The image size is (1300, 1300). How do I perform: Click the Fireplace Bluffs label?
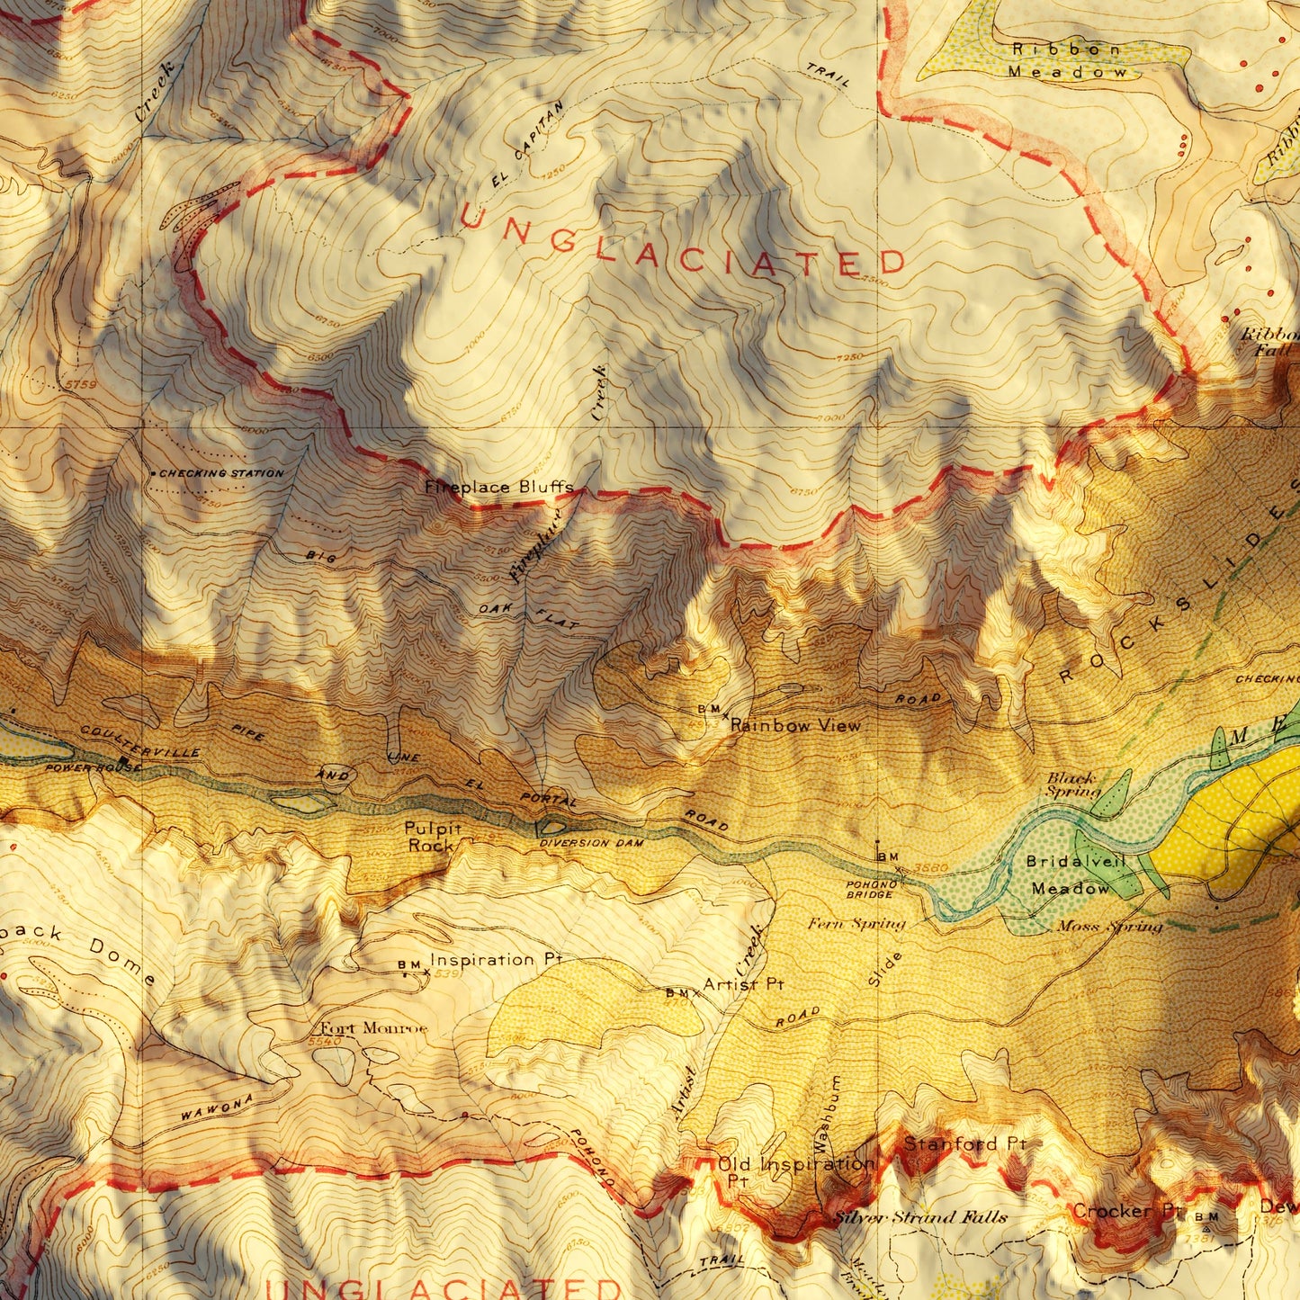498,488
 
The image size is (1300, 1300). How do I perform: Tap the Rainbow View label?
794,725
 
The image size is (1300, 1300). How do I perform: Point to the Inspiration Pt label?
495,960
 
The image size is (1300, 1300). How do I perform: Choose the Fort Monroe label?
370,1028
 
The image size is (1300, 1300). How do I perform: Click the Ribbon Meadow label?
1067,60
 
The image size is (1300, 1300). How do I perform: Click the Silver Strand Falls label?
920,1217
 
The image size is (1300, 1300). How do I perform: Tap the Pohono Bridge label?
870,890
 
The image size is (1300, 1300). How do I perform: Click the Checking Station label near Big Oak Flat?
220,473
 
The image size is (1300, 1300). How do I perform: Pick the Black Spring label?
1073,784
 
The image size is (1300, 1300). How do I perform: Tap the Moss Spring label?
1108,926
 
